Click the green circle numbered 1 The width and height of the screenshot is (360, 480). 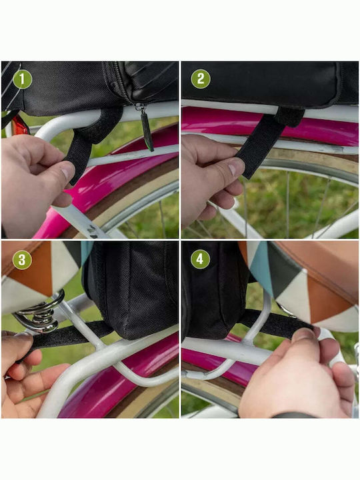coord(22,79)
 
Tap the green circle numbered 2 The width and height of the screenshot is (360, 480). coord(201,79)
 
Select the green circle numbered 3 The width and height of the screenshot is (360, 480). coord(22,259)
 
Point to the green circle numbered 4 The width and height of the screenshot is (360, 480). coord(200,259)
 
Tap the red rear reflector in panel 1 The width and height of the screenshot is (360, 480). coord(20,125)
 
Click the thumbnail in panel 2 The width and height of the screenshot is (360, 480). coord(236,167)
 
